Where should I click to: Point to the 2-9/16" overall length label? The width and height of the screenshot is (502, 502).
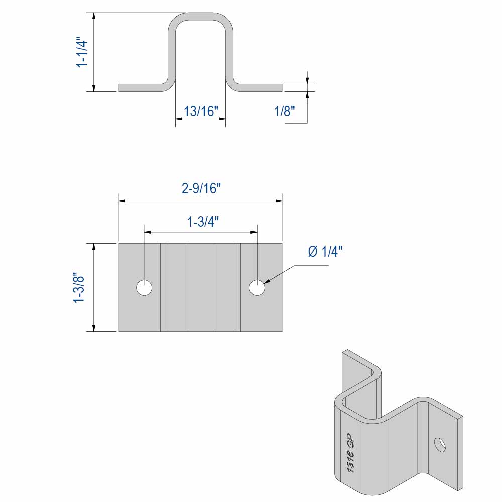[x=201, y=188]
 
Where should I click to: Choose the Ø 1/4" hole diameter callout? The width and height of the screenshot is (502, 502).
[x=325, y=252]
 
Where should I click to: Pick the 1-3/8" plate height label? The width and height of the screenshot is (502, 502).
[x=79, y=288]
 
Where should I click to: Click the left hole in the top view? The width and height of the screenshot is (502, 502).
[x=145, y=288]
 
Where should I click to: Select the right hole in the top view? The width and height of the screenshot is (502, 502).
[x=258, y=288]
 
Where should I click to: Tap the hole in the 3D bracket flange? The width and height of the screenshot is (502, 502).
[x=440, y=444]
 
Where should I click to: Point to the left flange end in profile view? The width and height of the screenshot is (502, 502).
[x=121, y=88]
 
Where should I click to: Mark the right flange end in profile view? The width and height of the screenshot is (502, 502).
[x=280, y=88]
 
